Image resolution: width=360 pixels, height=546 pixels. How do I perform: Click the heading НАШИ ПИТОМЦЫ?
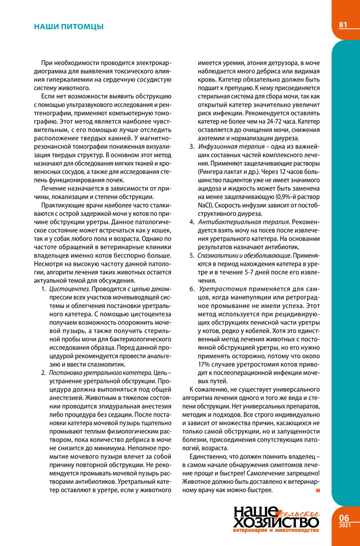pyautogui.click(x=68, y=26)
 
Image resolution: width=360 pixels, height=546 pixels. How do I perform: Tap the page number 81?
pyautogui.click(x=343, y=25)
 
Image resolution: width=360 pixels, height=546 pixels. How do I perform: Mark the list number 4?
pyautogui.click(x=191, y=222)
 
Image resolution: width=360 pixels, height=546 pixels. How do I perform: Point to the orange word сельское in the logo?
pyautogui.click(x=300, y=514)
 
